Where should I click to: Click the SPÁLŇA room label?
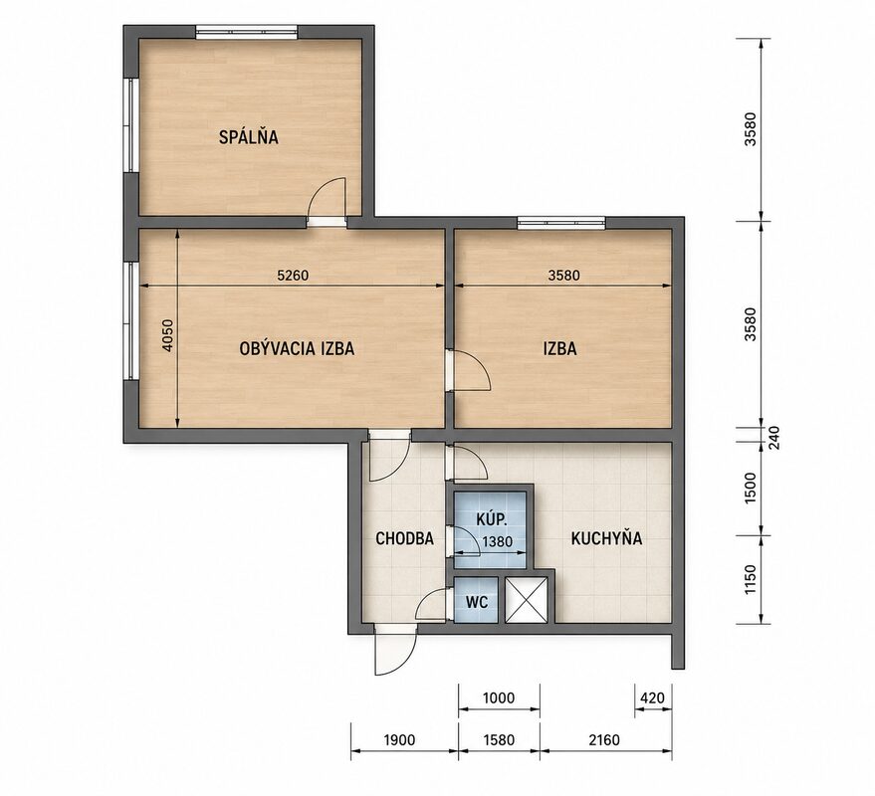pyautogui.click(x=248, y=136)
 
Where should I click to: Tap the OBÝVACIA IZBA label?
pyautogui.click(x=297, y=348)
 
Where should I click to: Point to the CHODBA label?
pyautogui.click(x=404, y=538)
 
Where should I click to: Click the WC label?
pyautogui.click(x=477, y=602)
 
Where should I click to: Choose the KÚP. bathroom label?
pyautogui.click(x=492, y=519)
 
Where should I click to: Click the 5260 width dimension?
pyautogui.click(x=293, y=275)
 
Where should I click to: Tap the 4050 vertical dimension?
pyautogui.click(x=168, y=335)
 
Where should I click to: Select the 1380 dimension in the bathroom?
pyautogui.click(x=497, y=541)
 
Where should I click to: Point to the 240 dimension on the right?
pyautogui.click(x=775, y=438)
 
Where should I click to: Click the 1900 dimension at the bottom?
pyautogui.click(x=399, y=740)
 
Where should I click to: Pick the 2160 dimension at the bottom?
pyautogui.click(x=604, y=740)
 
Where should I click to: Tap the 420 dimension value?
pyautogui.click(x=652, y=697)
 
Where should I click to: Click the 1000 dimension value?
pyautogui.click(x=499, y=697)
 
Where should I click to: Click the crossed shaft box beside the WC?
pyautogui.click(x=527, y=600)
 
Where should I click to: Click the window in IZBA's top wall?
pyautogui.click(x=561, y=223)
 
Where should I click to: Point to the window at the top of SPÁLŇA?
pyautogui.click(x=247, y=32)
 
